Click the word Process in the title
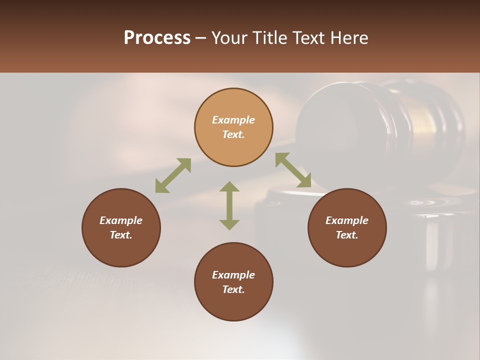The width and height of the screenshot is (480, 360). tap(157, 38)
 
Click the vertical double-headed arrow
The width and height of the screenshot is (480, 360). tap(229, 205)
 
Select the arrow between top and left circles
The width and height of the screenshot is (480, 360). tap(173, 175)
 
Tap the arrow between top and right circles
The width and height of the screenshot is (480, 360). tap(293, 170)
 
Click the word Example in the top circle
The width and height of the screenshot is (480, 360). tap(233, 120)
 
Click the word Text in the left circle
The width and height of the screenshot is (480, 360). tap(121, 235)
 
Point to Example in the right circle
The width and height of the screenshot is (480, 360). tap(347, 220)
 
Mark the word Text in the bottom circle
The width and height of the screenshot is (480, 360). tap(233, 289)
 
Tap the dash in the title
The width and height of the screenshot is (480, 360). tap(200, 38)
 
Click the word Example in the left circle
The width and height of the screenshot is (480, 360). tap(121, 220)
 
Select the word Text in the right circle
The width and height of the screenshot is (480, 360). tap(347, 235)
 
